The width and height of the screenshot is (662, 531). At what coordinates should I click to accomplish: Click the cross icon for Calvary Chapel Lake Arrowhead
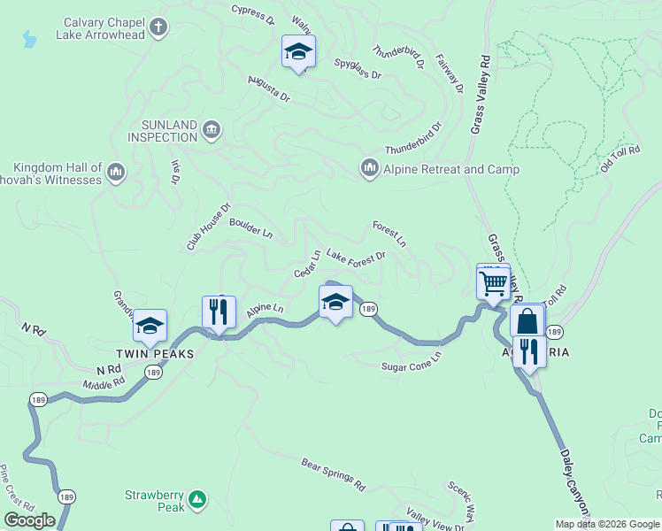pos(158,27)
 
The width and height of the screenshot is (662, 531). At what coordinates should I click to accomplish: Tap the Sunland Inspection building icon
pos(211,130)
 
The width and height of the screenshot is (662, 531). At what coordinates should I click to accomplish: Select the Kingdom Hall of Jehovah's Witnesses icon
pos(116,173)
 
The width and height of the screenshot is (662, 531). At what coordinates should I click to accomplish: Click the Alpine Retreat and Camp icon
pos(369,167)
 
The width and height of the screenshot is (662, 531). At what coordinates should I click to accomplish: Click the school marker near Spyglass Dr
pos(298,53)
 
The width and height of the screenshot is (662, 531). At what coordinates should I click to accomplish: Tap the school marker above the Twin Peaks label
pos(150,326)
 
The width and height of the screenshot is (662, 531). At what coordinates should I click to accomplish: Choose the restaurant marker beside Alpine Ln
pos(218,312)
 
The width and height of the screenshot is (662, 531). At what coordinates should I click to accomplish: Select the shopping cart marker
pos(493,283)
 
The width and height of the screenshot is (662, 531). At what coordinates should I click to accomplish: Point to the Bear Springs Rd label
pos(333,474)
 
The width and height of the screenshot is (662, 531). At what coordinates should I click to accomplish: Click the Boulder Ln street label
pos(251,228)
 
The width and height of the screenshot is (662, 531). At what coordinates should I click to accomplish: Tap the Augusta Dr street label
pos(269,91)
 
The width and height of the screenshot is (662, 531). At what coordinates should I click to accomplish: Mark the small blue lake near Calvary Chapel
pos(30,40)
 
